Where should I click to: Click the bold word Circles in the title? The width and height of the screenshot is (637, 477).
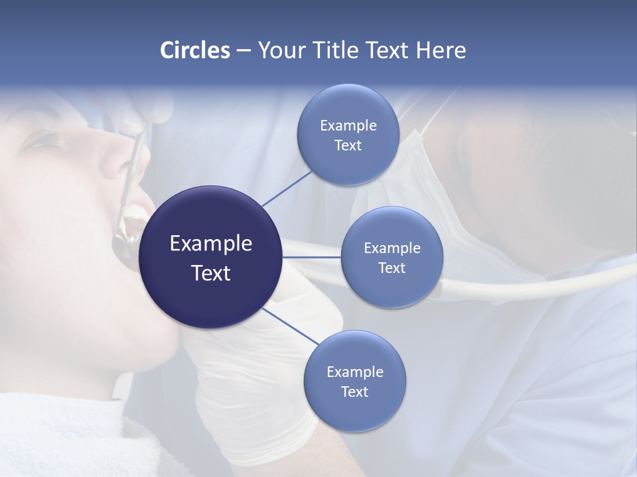coord(194,50)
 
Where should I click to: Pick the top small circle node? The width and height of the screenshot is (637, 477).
coord(348,134)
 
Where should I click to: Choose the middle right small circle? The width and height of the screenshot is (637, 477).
coord(391,257)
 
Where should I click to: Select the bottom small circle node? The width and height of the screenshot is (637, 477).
coord(354,381)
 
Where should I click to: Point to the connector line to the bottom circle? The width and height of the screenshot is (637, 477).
coord(291,326)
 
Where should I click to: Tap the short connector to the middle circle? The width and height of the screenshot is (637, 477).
coord(311,256)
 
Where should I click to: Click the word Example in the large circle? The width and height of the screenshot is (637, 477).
coord(211,244)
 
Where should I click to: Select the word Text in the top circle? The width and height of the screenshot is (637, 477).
coord(348,146)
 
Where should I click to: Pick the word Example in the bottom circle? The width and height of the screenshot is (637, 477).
coord(354,372)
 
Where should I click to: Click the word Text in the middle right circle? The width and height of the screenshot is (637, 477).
coord(391,268)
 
